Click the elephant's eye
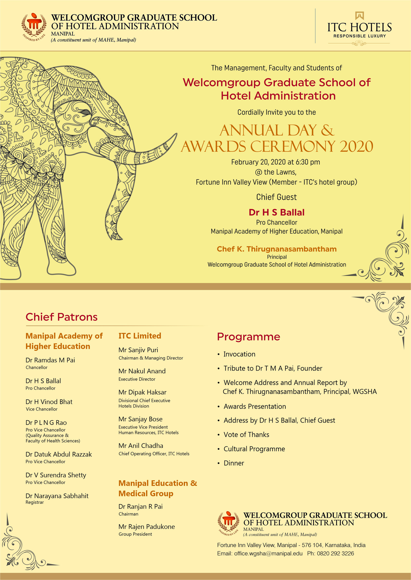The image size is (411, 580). coord(85,112)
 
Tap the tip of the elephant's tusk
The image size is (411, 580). coord(176,134)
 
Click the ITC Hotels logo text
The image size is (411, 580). coord(359,28)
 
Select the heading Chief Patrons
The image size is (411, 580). coord(62,317)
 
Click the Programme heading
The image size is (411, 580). coord(248,337)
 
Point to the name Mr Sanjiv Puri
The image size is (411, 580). coord(138,350)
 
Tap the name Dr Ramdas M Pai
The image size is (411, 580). coord(50,360)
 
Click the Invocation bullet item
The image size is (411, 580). coord(239,354)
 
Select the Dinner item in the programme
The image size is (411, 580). coord(234,463)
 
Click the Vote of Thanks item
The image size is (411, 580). coord(246,435)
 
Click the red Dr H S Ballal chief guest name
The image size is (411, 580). coord(276,212)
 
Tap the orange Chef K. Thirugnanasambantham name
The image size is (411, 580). coord(276,249)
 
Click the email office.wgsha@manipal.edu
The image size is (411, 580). coord(268,554)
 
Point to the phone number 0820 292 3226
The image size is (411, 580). coord(335,554)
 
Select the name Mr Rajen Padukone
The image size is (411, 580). coord(147,527)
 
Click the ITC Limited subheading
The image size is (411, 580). coord(140,336)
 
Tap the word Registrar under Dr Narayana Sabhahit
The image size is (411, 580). coord(35,502)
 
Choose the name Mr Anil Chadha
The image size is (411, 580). coord(141,446)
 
